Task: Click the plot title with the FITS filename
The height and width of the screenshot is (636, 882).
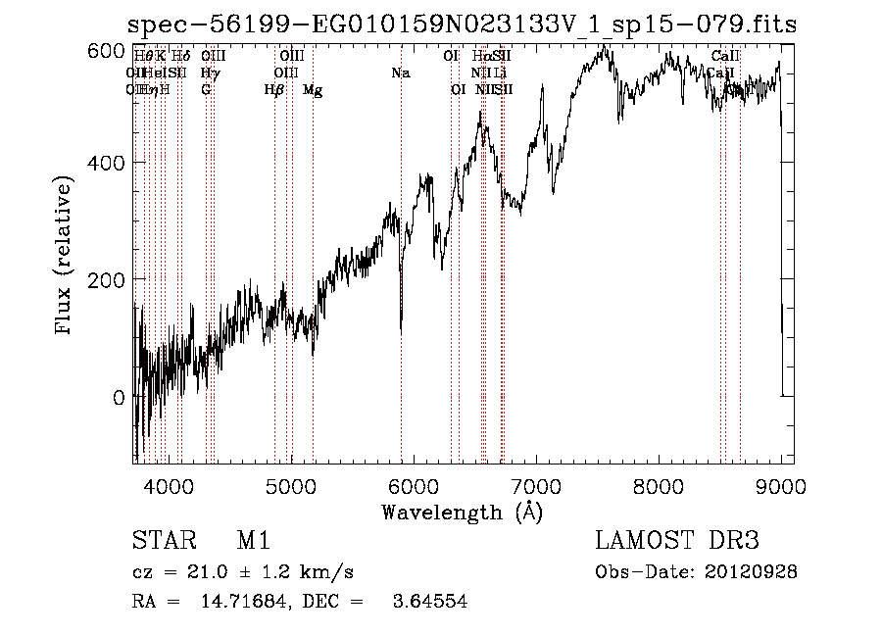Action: pos(463,24)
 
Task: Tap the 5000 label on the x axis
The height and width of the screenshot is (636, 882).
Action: pos(291,486)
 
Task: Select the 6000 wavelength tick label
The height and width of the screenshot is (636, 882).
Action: pos(414,486)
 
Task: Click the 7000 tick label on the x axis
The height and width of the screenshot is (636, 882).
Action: pos(536,486)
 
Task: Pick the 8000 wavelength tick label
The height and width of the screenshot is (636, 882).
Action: pos(659,486)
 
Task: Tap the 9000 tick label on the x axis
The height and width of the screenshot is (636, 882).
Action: pos(780,486)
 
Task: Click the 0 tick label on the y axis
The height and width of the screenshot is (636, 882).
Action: pos(120,398)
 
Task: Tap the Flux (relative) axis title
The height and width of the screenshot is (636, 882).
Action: pos(66,257)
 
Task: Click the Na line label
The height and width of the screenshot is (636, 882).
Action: pos(400,73)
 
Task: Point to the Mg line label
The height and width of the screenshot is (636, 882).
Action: pos(313,90)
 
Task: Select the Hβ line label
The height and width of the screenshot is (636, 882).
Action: pos(274,90)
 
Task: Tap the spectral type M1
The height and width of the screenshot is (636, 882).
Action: pos(253,542)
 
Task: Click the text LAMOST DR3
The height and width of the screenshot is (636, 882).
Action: pos(677,542)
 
